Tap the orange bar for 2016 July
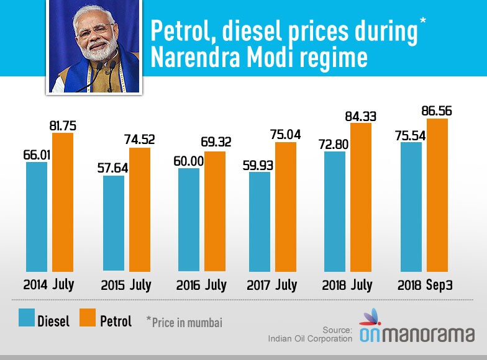point(215,210)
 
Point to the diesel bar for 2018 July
point(335,211)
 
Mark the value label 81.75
point(63,126)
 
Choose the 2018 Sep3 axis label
point(424,286)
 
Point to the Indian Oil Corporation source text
point(310,338)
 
